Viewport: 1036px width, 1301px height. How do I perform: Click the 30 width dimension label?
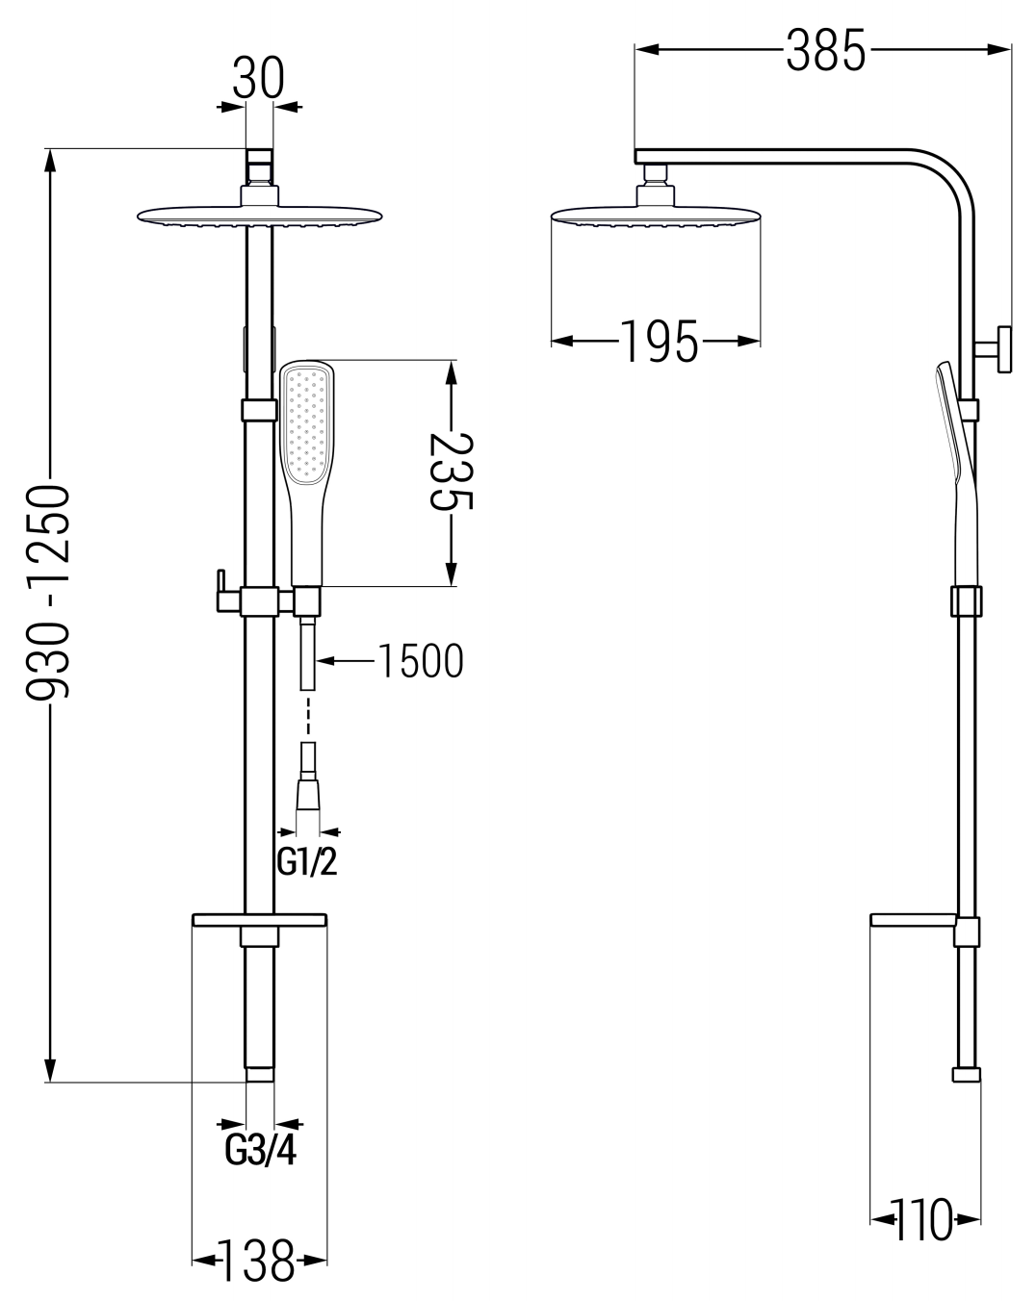[x=258, y=79]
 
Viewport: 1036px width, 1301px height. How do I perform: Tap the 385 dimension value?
[x=825, y=50]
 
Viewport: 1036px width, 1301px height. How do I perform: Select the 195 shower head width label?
[x=659, y=341]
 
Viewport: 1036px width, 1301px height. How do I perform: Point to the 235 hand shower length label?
[x=452, y=473]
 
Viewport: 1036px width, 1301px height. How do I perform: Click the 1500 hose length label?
[x=419, y=660]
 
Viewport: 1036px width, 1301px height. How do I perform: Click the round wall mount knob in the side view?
[x=1001, y=348]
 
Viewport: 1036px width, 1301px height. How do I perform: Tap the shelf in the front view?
[x=260, y=920]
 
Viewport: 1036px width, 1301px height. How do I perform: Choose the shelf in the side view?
[x=915, y=920]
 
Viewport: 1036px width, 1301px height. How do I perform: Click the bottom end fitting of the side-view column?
[x=967, y=1074]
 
